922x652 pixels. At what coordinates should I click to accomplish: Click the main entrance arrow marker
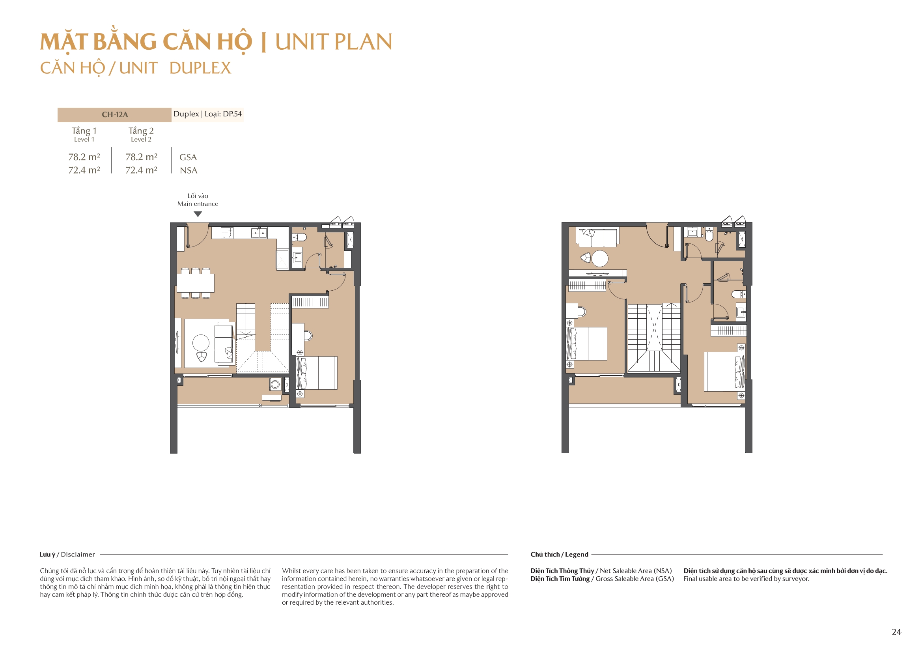[198, 214]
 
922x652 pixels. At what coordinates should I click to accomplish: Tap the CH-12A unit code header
[114, 114]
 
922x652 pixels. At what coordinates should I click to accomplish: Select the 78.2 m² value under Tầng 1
[84, 157]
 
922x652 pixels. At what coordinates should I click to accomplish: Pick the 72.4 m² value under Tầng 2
[141, 170]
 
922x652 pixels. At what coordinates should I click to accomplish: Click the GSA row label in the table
[188, 157]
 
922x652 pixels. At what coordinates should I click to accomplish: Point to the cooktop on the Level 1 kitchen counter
[227, 233]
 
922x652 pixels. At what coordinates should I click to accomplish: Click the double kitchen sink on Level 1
[259, 233]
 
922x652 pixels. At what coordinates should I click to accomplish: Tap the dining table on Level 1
[196, 283]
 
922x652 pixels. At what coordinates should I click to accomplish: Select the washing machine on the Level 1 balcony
[275, 385]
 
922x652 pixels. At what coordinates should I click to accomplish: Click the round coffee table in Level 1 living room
[201, 343]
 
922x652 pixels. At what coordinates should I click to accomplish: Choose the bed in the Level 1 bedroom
[317, 372]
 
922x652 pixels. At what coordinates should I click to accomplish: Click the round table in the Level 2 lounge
[600, 258]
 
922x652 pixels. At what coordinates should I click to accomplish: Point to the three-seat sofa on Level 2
[597, 237]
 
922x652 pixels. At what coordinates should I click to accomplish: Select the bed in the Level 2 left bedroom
[587, 344]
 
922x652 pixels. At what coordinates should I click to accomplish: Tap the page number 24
[896, 632]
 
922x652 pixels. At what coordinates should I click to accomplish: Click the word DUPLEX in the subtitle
[200, 68]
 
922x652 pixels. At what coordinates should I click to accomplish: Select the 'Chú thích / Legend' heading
[559, 555]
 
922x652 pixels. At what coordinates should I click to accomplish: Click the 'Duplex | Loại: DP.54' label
[207, 114]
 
